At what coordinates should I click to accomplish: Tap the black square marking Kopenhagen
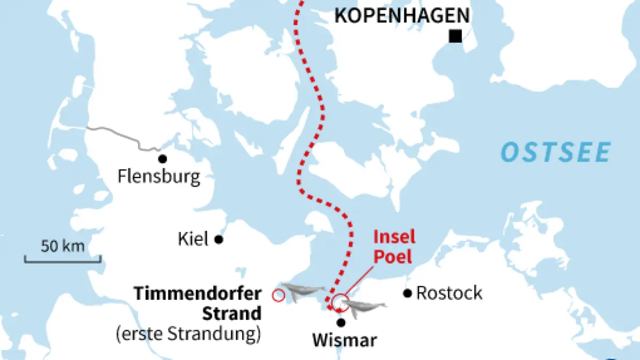[x=455, y=36]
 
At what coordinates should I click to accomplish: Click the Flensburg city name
[x=159, y=176]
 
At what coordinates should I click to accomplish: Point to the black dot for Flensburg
[x=162, y=158]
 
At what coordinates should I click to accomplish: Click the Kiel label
[x=193, y=239]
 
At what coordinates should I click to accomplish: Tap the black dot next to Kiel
[x=218, y=239]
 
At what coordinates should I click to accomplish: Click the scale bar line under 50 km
[x=62, y=260]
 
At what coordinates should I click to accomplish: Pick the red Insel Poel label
[x=394, y=246]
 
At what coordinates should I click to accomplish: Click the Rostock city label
[x=449, y=293]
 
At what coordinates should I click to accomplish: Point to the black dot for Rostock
[x=408, y=293]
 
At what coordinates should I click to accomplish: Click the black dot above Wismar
[x=341, y=322]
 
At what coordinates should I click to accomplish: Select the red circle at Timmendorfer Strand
[x=278, y=295]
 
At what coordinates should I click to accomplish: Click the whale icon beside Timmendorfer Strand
[x=303, y=291]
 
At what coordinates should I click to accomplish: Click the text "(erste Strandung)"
[x=188, y=334]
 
